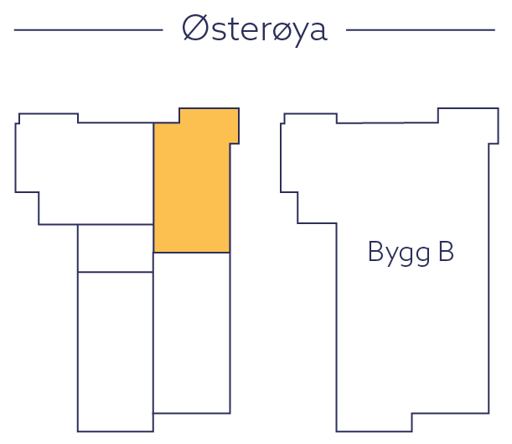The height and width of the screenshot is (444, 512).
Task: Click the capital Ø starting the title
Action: [x=194, y=29]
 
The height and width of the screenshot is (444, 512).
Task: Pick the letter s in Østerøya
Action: [x=215, y=31]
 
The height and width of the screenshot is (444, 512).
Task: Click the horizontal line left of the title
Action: [x=88, y=30]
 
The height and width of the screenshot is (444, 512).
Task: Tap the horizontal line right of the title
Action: [x=420, y=30]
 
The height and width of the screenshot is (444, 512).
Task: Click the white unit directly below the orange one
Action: [x=191, y=332]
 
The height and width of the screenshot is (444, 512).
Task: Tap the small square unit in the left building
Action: [x=116, y=248]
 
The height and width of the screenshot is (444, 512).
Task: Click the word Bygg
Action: [x=395, y=253]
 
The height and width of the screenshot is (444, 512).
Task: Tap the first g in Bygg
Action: [x=406, y=255]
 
